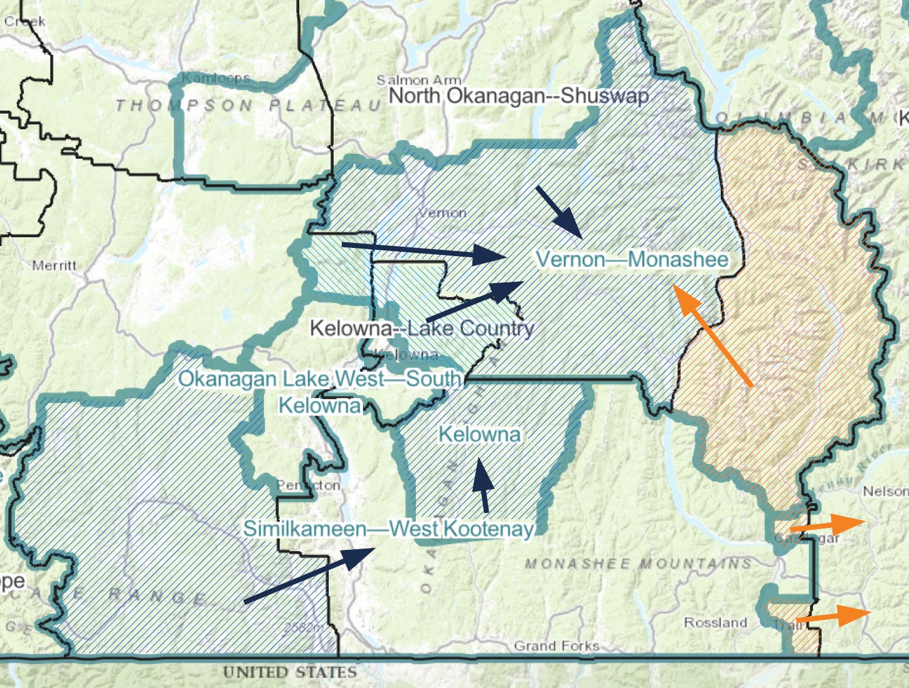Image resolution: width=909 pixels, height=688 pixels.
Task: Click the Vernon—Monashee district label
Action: coord(632,259)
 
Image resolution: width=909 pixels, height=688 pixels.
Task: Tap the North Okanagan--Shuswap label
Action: coord(518,96)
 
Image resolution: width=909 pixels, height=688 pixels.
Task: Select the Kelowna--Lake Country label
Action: coord(422,328)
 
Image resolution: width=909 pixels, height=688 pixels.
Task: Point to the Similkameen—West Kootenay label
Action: coord(388,529)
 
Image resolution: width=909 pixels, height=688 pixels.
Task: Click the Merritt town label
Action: coord(54,266)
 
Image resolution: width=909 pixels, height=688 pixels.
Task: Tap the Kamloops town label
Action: coord(216,78)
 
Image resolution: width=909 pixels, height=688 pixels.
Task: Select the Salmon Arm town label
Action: coord(418,80)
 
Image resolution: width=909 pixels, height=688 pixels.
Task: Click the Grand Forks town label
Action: coord(556,645)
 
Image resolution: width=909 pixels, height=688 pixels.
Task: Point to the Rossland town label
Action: coord(715,623)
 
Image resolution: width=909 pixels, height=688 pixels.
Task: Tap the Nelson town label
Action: coord(885,491)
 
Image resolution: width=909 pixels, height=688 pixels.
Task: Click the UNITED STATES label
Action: coord(289,672)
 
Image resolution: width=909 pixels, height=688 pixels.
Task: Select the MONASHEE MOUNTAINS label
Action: coord(638,563)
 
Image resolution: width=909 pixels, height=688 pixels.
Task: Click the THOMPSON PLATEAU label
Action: coord(248,105)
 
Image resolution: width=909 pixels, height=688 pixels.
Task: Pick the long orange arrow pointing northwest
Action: coord(711,334)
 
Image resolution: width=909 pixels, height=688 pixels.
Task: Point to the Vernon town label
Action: coord(442,213)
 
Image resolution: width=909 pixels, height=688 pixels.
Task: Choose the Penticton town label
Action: coord(308,485)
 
